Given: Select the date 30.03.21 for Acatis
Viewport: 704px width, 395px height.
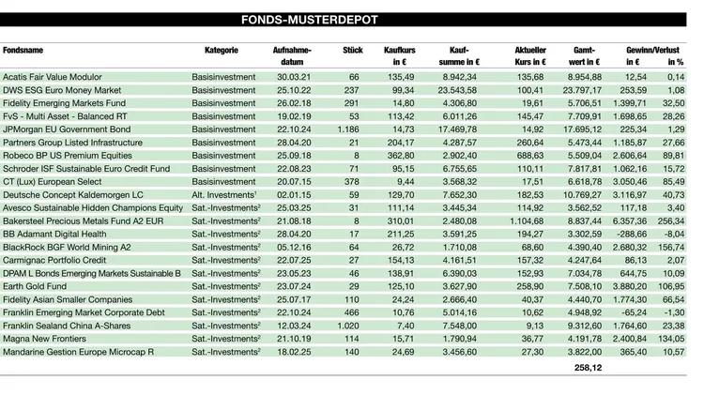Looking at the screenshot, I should coord(291,76).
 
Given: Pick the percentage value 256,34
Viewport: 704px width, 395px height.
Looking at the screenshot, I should coord(670,220).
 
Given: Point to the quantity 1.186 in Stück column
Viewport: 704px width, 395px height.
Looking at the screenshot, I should coord(347,129).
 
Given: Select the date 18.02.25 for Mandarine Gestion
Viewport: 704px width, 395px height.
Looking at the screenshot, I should coord(291,351).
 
